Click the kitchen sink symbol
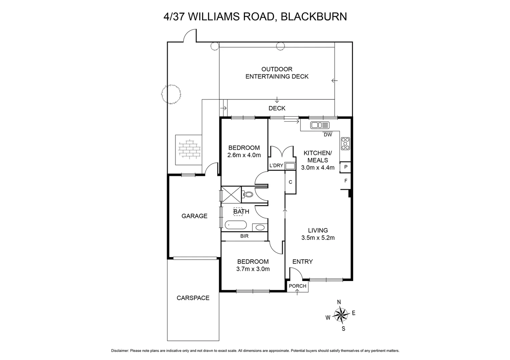point(320,125)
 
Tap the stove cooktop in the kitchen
point(345,144)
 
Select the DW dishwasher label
point(328,135)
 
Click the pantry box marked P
point(346,167)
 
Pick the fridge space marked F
point(346,181)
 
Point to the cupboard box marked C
point(290,182)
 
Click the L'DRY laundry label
point(276,166)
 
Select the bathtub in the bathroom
point(235,225)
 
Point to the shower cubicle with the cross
point(231,194)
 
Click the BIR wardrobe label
point(244,236)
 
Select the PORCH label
point(297,286)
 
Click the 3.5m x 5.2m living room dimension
point(318,238)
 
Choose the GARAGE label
point(194,216)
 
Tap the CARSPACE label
point(193,298)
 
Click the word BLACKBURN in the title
point(314,16)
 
